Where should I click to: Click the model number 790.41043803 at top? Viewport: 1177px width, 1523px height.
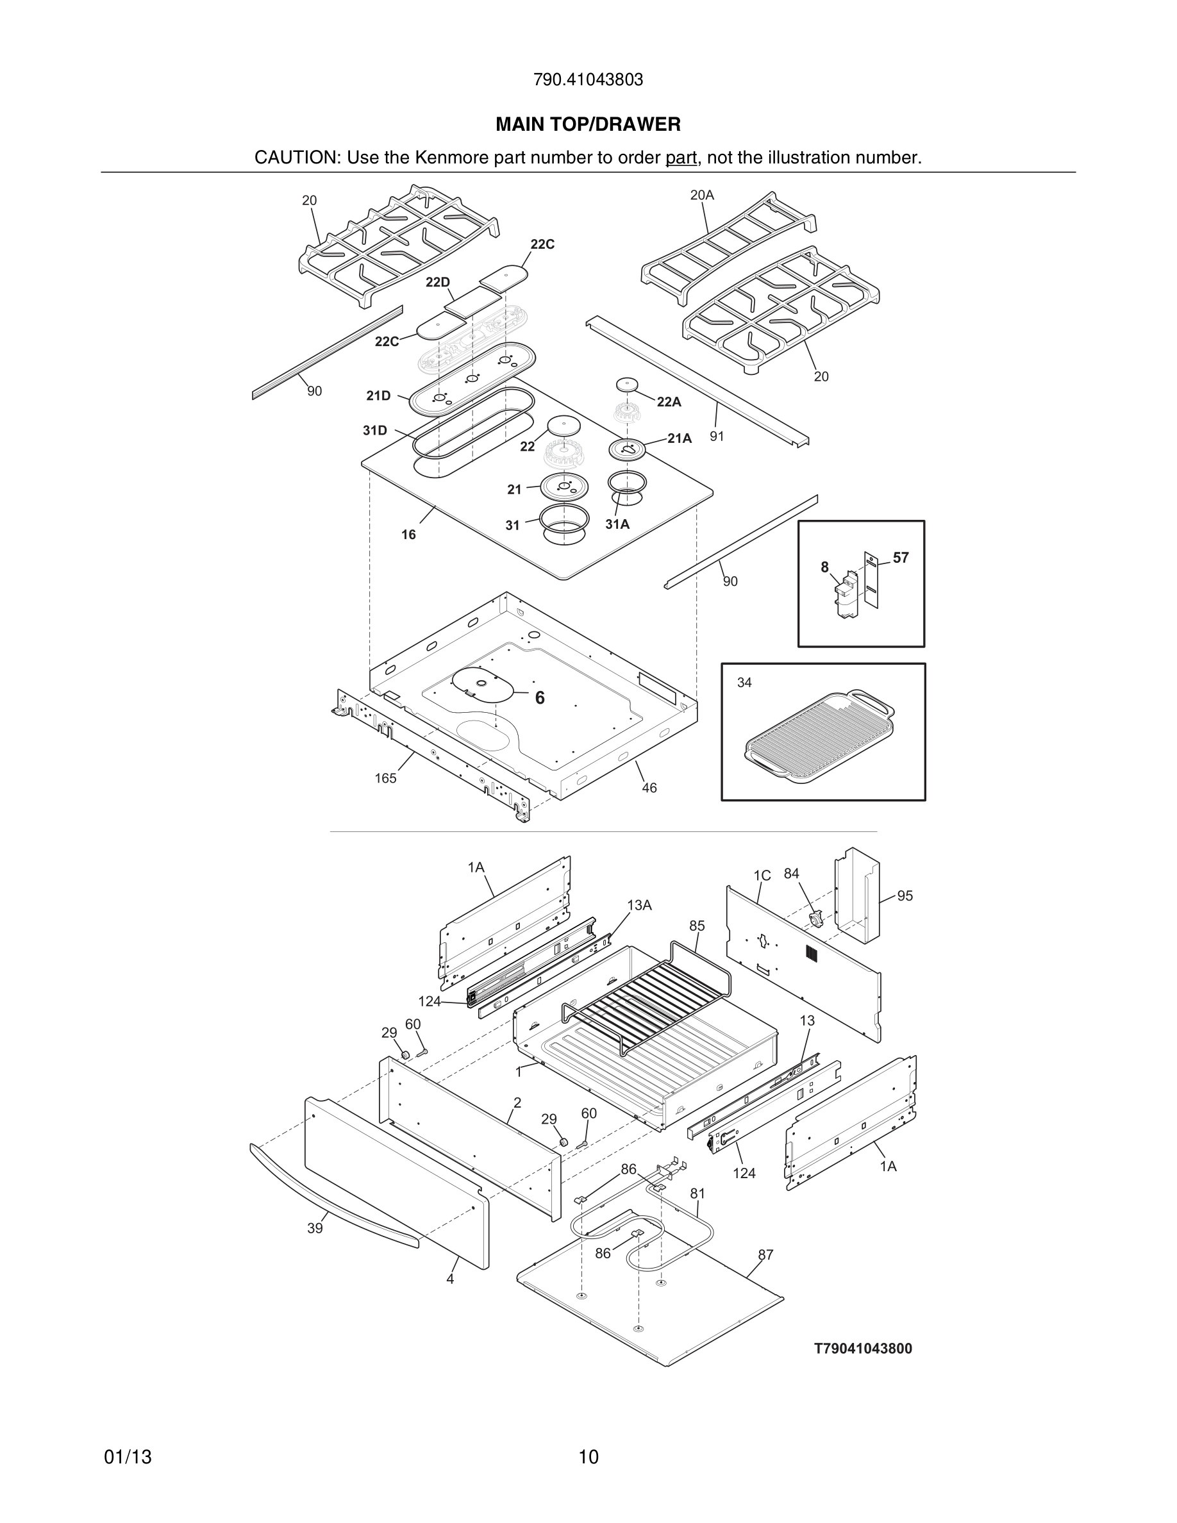coord(588,80)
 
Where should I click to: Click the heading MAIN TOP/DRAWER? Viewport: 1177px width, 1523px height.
coord(588,124)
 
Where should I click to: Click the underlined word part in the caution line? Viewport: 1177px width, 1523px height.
coord(681,158)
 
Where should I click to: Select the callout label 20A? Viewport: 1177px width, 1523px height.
coord(701,196)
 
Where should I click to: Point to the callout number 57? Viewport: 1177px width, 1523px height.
coord(900,558)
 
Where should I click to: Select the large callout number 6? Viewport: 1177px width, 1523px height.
coord(540,698)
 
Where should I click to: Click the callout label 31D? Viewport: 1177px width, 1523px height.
coord(374,430)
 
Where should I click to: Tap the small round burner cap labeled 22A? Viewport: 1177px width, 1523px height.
coord(628,385)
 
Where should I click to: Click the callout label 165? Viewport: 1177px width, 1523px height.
coord(385,778)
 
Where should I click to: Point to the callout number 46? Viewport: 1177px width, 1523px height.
coord(649,788)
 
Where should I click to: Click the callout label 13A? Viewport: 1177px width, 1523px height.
coord(639,905)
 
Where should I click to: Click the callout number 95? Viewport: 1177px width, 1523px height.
coord(905,895)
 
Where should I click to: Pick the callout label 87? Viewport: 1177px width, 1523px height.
coord(765,1255)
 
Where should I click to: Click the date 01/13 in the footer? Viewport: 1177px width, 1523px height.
coord(128,1457)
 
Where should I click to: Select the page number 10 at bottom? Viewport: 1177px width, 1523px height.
coord(588,1457)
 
